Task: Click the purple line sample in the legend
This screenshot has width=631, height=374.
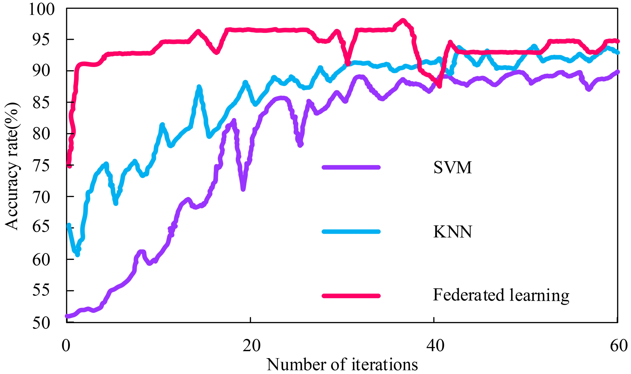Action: [x=351, y=167]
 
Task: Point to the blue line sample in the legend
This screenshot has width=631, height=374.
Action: [x=351, y=232]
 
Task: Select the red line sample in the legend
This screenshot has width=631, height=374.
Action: [x=351, y=296]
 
